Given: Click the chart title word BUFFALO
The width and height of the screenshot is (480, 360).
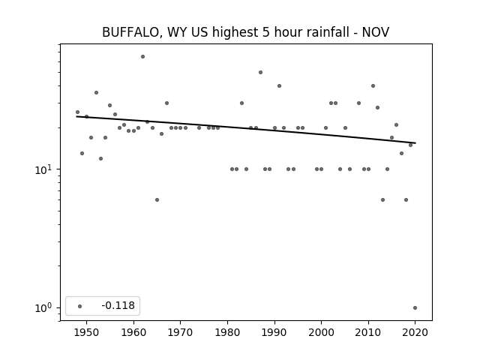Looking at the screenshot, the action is (130, 32).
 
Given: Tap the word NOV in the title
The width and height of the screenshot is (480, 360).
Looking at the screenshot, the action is (376, 32).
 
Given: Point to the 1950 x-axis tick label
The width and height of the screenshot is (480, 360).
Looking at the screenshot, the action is (87, 332).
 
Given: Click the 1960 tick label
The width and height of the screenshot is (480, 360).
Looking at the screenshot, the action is (133, 332).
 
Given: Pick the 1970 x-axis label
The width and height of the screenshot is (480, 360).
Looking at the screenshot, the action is (180, 332).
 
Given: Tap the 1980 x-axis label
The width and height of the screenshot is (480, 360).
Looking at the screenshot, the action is (227, 332).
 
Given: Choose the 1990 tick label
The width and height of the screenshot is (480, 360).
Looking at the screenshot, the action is (274, 332).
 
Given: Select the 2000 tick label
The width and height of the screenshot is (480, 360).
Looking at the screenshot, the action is (321, 332).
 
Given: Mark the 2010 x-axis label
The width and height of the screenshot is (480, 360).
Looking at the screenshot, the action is (368, 332).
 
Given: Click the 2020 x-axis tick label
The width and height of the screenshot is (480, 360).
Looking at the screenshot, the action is (415, 332).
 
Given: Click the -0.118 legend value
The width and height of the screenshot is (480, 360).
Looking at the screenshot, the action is (118, 305).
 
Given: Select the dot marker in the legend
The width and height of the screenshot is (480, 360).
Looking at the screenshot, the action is (80, 306).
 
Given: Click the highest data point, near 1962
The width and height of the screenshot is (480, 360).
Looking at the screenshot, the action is (142, 57).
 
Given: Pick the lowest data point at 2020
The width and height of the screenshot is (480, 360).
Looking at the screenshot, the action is (415, 308).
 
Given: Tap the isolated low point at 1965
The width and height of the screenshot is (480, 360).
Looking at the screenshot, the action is (157, 200).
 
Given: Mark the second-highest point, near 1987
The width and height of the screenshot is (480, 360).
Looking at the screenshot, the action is (260, 73).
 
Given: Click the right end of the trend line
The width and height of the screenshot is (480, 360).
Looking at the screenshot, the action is (415, 143).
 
